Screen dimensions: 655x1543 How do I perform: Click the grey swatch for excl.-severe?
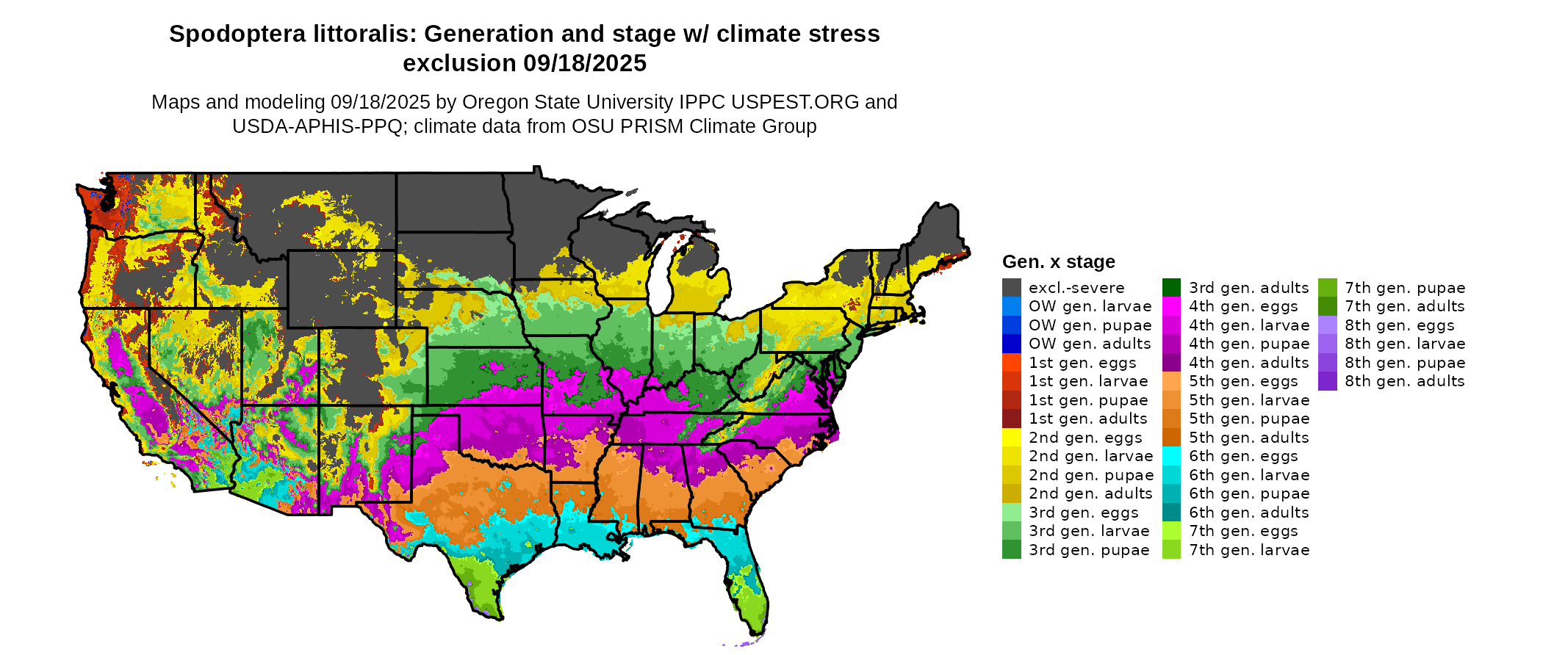coord(1011,288)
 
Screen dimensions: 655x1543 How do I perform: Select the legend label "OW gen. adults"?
coord(1090,344)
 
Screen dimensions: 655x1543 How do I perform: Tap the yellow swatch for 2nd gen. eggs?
coord(1011,438)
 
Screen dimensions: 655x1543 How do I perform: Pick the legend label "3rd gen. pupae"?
coord(1089,550)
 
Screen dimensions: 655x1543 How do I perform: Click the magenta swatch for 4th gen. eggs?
coord(1171,306)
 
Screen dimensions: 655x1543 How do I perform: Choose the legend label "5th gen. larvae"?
coord(1249,400)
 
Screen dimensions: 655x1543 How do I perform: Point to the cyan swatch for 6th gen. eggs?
coord(1171,456)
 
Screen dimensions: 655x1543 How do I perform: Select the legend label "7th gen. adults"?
coord(1404,306)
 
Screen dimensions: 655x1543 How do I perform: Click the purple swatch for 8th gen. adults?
coord(1327,381)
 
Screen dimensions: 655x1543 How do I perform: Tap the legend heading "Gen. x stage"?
coord(1058,262)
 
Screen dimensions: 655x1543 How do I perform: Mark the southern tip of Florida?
coord(757,633)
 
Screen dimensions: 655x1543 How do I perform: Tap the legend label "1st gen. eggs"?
coord(1082,363)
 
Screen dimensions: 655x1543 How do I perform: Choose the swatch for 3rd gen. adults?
coord(1171,288)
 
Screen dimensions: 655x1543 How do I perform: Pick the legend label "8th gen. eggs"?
coord(1400,325)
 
